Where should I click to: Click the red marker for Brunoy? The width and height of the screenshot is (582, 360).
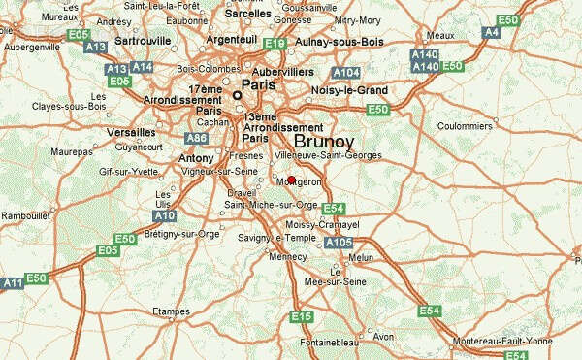coord(291,180)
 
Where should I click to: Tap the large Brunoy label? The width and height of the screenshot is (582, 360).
coord(323,140)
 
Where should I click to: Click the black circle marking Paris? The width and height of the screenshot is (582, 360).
coord(236,96)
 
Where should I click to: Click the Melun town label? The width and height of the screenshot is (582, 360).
coord(361,257)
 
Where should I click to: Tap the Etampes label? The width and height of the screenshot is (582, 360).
coord(171,311)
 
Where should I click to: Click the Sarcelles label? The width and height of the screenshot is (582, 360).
coord(248,16)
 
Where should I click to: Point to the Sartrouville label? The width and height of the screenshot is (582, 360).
coord(143,41)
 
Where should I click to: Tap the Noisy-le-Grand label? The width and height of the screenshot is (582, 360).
coord(349,90)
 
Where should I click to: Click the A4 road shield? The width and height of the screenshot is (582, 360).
coord(491,32)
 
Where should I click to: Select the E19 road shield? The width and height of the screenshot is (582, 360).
coord(275,44)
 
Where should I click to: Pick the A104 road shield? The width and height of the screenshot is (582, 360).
coord(345,73)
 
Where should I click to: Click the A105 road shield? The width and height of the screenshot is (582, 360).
coord(339,243)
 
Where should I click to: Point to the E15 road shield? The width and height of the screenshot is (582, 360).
coord(301,317)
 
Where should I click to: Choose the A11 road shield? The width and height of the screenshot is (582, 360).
coord(12,282)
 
